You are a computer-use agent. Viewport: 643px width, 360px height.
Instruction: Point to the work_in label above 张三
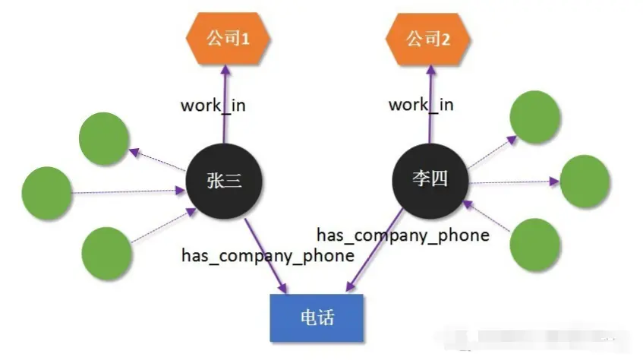click(x=213, y=104)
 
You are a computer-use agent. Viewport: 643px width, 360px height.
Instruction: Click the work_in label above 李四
click(x=421, y=104)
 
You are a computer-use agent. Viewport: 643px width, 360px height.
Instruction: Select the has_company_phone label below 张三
click(x=267, y=255)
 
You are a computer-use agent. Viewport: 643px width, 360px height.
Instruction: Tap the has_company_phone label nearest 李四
click(x=402, y=235)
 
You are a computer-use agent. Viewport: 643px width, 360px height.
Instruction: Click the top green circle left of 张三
click(x=105, y=140)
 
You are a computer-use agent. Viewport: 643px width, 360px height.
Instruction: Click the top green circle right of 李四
click(x=534, y=117)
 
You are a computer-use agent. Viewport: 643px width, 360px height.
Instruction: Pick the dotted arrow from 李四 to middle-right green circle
click(x=512, y=182)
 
